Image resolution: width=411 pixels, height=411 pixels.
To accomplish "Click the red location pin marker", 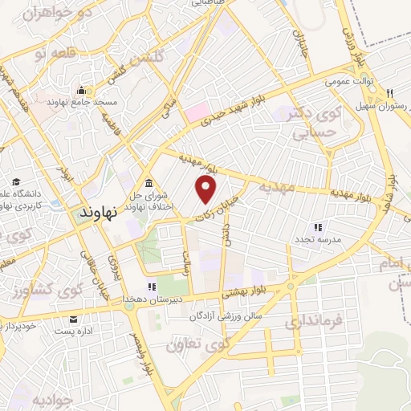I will point(207,190).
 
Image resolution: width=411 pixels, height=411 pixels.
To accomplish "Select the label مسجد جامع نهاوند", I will point(83,103).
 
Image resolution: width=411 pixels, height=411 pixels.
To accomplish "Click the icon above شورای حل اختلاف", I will point(150,181).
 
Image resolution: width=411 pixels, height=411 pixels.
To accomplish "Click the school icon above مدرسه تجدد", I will point(319,227).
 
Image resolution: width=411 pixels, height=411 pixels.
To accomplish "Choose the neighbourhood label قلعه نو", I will point(51,54).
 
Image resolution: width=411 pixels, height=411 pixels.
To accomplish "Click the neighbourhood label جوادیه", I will point(54,399).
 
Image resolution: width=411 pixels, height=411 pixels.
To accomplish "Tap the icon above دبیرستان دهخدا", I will point(149,287).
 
